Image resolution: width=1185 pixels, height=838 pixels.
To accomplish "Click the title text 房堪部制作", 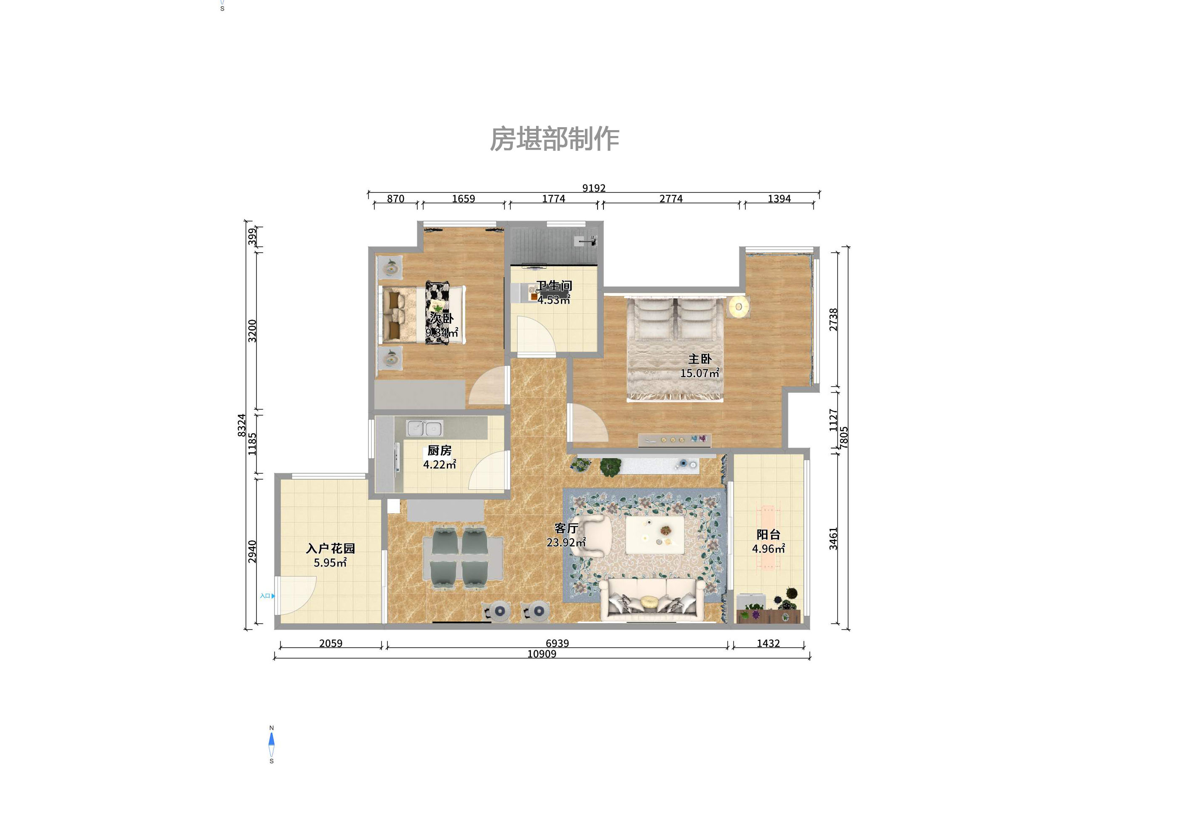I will click(554, 139).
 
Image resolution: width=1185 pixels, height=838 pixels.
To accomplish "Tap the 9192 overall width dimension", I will click(593, 188).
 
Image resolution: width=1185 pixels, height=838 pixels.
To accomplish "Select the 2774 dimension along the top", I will click(670, 199).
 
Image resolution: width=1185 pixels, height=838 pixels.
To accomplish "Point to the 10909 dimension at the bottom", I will click(542, 654).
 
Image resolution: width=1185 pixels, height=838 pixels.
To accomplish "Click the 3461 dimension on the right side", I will click(833, 538).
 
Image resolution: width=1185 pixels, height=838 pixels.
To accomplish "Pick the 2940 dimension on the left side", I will click(252, 551).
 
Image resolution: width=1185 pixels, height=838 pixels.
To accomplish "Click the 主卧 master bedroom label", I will click(699, 359).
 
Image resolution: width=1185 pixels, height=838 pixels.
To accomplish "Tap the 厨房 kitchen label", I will click(439, 451).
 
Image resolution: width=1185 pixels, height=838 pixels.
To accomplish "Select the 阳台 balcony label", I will click(768, 534).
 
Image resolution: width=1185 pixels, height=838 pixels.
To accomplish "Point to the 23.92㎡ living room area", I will click(566, 542).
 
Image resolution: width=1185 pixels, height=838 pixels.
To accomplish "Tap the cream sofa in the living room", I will click(652, 598).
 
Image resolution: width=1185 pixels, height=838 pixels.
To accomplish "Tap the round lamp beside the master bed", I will click(739, 307).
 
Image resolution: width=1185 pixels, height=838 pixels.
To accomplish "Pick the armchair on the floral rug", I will click(592, 535).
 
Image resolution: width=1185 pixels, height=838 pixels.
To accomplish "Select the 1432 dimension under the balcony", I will click(768, 643).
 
